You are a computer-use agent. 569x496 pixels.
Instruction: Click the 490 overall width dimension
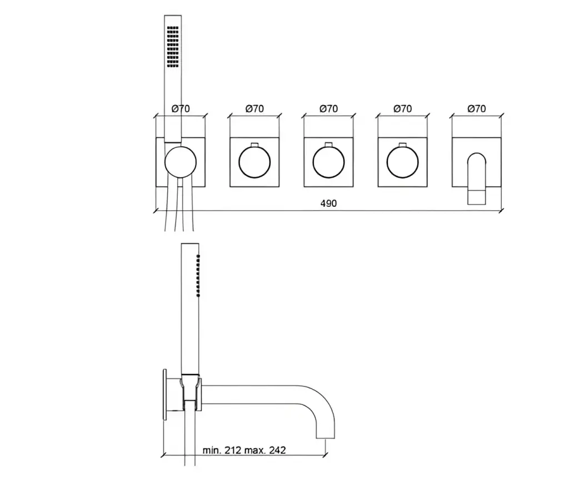pos(328,204)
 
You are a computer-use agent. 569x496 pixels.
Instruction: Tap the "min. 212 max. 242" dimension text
pos(244,450)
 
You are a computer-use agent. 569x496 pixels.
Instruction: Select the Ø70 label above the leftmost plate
pos(181,108)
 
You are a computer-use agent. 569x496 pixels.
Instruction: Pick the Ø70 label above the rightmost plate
pos(476,108)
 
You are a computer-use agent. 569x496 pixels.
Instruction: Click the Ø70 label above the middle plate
pos(328,108)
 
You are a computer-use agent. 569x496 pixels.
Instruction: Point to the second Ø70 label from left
pos(254,108)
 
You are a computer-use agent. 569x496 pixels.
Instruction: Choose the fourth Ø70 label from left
pos(402,108)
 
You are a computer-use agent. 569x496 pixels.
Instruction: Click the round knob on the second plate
pos(254,162)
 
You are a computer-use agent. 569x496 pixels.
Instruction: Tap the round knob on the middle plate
pos(328,162)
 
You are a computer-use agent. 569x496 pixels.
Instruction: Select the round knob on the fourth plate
pos(402,162)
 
